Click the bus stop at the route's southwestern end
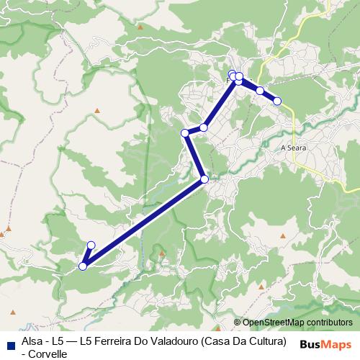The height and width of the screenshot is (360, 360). click(x=83, y=266)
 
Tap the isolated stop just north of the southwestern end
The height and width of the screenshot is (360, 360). click(x=91, y=245)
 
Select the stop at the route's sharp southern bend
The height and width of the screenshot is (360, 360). click(x=204, y=179)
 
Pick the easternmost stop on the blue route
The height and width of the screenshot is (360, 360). click(x=277, y=101)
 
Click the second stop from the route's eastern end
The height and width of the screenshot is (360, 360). click(x=260, y=91)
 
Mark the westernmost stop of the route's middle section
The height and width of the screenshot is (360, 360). click(x=185, y=132)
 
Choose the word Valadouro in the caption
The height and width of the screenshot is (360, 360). click(x=172, y=341)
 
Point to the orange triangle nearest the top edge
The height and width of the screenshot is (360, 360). click(x=140, y=27)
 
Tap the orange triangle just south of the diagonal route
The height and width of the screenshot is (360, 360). click(x=162, y=253)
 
